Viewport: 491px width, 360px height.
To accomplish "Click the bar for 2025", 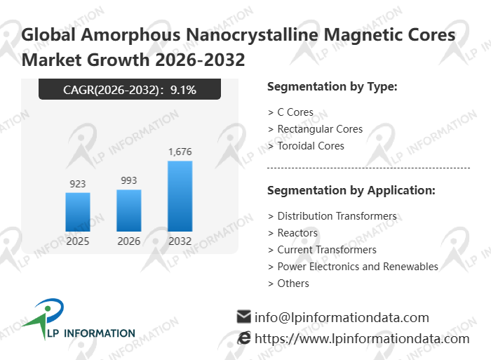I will [x=78, y=212].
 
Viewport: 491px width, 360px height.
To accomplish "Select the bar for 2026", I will [x=129, y=211].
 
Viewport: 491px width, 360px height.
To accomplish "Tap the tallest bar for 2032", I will [x=180, y=196].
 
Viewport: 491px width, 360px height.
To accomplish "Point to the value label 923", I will [x=78, y=184].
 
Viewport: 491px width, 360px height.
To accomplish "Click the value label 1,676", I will [x=180, y=152].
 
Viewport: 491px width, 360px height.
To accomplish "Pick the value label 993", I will [x=129, y=180].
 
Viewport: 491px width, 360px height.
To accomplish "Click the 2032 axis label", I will [x=180, y=241].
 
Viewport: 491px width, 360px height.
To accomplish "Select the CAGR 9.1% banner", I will [x=130, y=89].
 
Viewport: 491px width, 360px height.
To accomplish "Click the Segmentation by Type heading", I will [x=332, y=87].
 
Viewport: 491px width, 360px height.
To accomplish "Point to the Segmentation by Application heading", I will [x=351, y=190].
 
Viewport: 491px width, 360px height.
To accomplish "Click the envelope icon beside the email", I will [x=244, y=316].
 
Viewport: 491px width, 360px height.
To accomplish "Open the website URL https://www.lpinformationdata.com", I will [x=361, y=338].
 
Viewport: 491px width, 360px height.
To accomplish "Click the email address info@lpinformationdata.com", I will [x=342, y=317].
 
